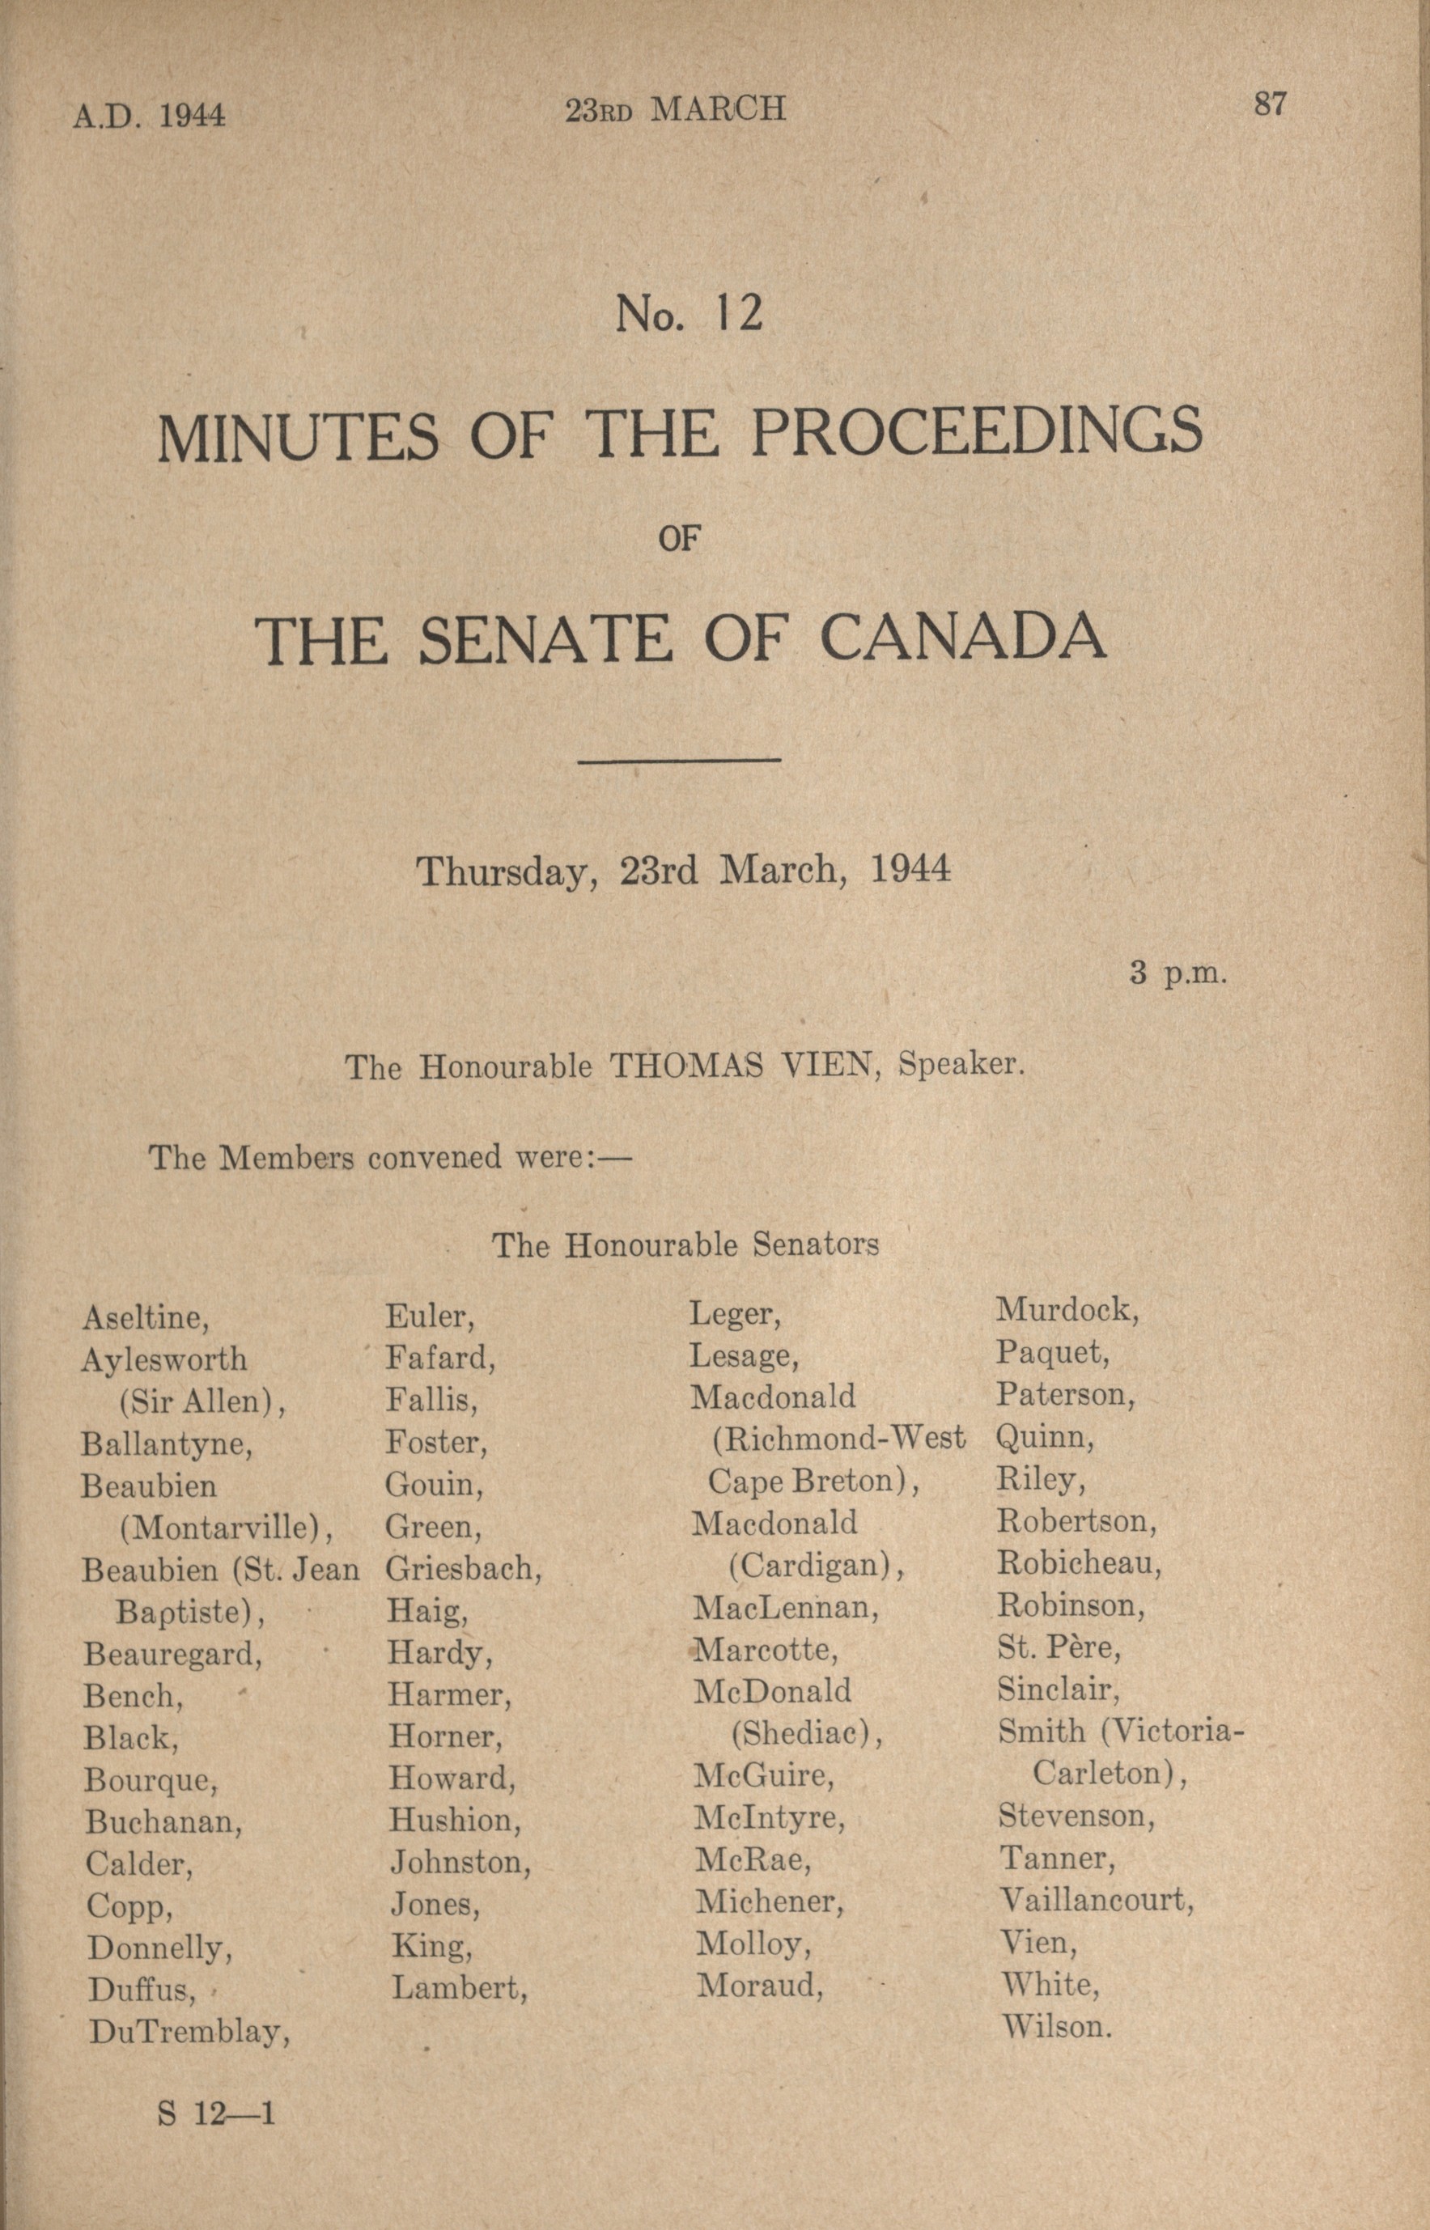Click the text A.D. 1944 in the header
click(x=150, y=115)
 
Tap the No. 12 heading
click(x=689, y=315)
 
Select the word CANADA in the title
click(x=963, y=640)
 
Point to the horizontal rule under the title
click(x=679, y=761)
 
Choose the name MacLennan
click(x=786, y=1607)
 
